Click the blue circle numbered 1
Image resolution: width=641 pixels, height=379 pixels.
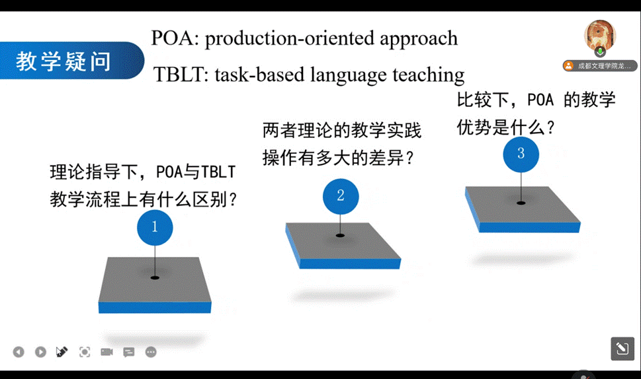pos(155,227)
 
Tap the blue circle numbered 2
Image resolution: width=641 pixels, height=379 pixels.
pos(341,196)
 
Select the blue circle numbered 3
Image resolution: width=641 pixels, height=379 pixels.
pos(521,155)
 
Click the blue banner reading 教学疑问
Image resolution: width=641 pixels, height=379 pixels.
pos(71,60)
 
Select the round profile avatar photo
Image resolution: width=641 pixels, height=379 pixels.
pos(600,36)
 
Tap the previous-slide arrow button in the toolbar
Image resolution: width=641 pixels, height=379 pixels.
pos(19,352)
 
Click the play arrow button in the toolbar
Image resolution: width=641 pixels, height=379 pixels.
pos(40,352)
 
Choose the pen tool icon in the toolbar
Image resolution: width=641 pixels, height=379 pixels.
pos(62,352)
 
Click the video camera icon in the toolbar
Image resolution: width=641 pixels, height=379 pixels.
pos(107,352)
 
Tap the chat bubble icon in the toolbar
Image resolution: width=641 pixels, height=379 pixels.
pos(129,352)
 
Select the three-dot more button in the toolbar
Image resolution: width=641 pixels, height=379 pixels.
pos(151,352)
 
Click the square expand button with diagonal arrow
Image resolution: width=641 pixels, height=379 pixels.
pos(622,349)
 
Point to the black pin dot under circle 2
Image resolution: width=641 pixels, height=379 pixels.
pos(340,236)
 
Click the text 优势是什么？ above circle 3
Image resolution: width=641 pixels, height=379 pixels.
pos(505,127)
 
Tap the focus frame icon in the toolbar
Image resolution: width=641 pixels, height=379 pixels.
pos(85,352)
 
